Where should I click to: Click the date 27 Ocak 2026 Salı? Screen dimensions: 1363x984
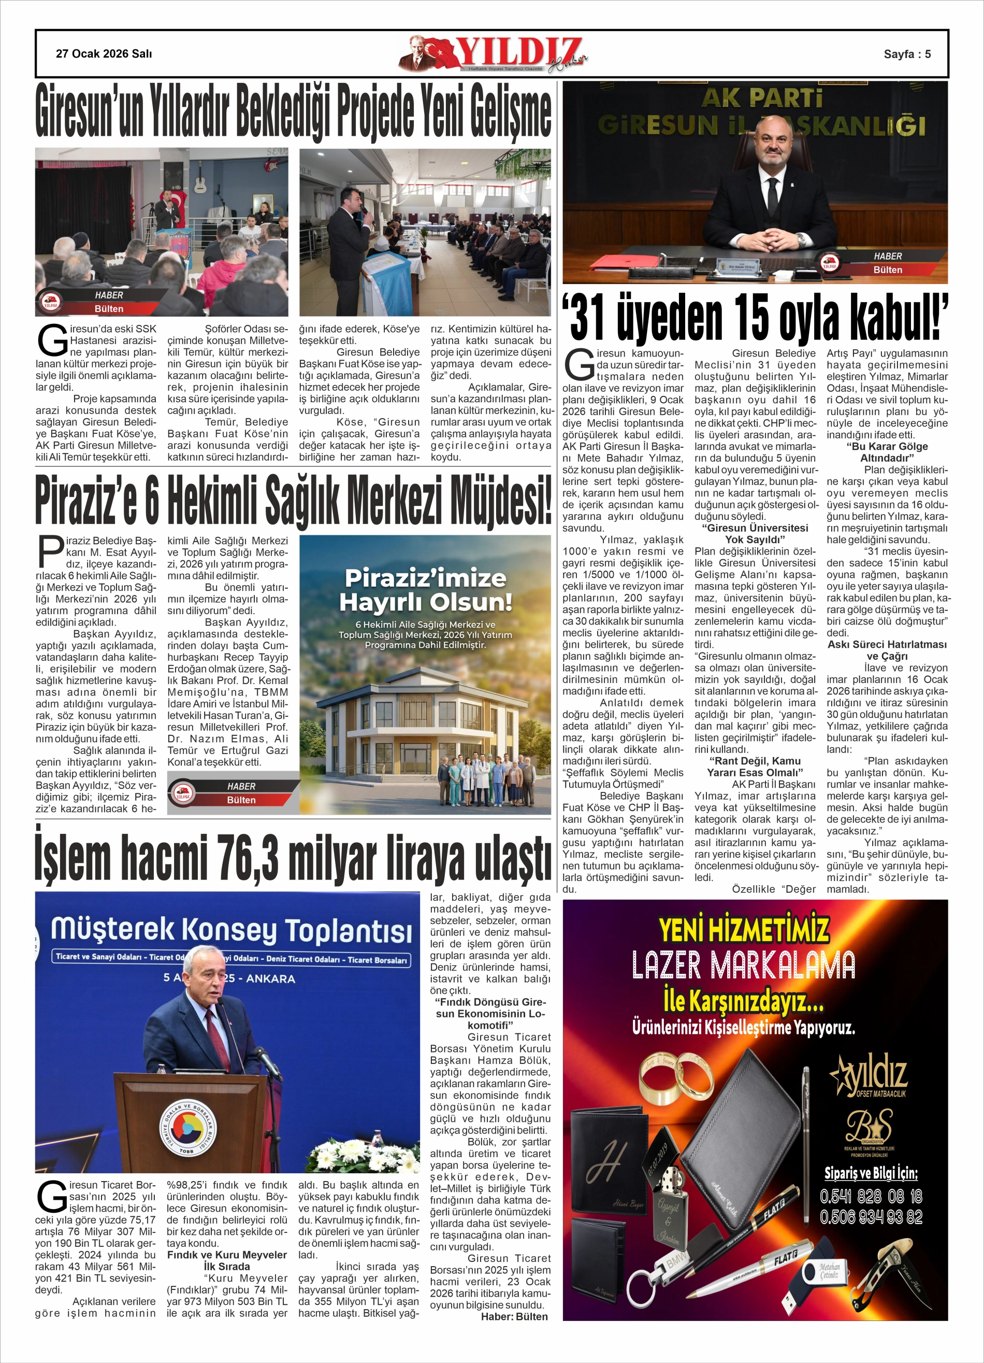104,53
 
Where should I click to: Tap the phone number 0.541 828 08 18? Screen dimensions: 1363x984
871,1196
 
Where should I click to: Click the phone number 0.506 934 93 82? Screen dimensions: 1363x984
871,1217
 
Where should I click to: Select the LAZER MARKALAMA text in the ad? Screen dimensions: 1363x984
743,965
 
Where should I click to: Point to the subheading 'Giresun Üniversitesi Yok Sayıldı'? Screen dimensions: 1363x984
755,534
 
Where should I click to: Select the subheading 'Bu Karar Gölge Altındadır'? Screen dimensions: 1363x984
887,452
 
